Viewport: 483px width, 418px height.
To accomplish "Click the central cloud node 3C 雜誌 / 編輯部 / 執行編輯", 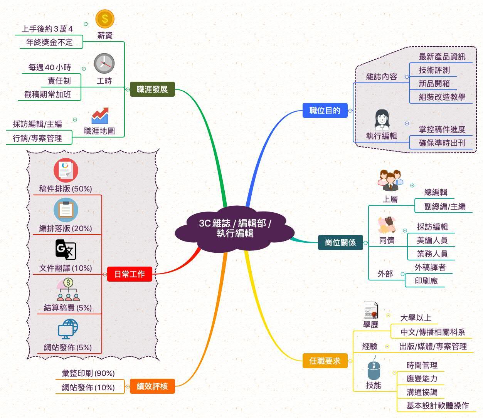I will pyautogui.click(x=235, y=228).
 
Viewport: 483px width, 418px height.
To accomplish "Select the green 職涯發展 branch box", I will pyautogui.click(x=152, y=89).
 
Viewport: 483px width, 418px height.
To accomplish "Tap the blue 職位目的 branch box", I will pyautogui.click(x=325, y=111).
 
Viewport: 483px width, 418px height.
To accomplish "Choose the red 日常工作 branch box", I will pyautogui.click(x=130, y=274).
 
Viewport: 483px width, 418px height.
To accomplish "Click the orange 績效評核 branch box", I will pyautogui.click(x=152, y=386).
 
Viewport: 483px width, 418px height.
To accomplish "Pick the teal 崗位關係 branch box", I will pyautogui.click(x=340, y=243).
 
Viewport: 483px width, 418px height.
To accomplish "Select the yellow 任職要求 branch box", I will pyautogui.click(x=325, y=361).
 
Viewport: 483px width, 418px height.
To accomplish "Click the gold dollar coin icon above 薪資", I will pyautogui.click(x=105, y=18).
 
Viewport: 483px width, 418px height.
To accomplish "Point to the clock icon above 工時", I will pyautogui.click(x=104, y=64).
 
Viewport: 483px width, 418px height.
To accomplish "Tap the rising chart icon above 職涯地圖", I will pyautogui.click(x=100, y=116).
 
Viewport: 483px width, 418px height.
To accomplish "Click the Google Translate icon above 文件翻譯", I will pyautogui.click(x=66, y=250).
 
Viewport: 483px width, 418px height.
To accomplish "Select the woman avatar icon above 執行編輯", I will pyautogui.click(x=382, y=119).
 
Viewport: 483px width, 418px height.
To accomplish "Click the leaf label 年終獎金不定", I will pyautogui.click(x=49, y=42).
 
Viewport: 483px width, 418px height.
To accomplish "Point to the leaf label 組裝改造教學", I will pyautogui.click(x=442, y=97).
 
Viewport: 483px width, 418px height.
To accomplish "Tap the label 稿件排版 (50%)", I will pyautogui.click(x=66, y=189).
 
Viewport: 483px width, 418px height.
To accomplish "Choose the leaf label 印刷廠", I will pyautogui.click(x=426, y=281).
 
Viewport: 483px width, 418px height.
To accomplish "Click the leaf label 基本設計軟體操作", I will pyautogui.click(x=438, y=405).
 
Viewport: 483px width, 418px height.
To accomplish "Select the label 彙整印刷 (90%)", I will pyautogui.click(x=88, y=373).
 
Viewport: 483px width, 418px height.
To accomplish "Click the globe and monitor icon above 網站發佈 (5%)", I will pyautogui.click(x=68, y=329).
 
